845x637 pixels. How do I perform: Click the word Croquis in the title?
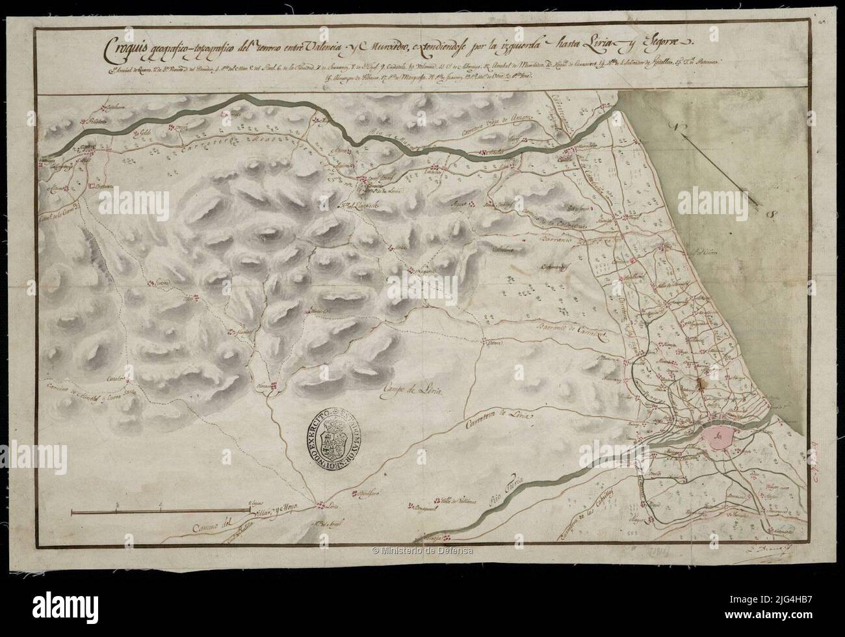[128, 49]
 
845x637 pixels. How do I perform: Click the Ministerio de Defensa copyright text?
[422, 551]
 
